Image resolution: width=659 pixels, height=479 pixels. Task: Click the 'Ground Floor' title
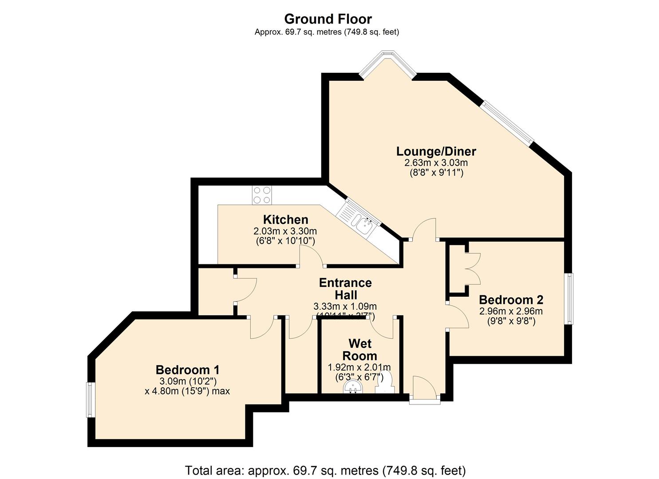coord(328,19)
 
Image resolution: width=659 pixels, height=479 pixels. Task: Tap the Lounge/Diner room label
coord(436,151)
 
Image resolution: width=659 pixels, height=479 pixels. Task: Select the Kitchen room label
coord(285,220)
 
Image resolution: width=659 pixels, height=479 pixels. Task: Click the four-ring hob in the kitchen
coord(262,195)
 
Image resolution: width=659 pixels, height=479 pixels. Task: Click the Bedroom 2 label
coord(511,300)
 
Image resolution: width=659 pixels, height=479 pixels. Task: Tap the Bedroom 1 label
coord(187,369)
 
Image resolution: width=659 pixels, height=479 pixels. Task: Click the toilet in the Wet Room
coord(385,383)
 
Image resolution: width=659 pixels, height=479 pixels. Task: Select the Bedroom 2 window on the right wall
coord(568,298)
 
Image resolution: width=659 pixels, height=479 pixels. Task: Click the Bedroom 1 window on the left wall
coord(91,400)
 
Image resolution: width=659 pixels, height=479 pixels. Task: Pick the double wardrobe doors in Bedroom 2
coord(472,268)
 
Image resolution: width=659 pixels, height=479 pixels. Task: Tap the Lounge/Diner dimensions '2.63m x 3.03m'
coord(436,163)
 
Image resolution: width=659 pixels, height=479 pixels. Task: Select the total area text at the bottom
coord(325,470)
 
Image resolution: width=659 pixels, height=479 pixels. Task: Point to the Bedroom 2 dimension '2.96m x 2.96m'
coord(511,311)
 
